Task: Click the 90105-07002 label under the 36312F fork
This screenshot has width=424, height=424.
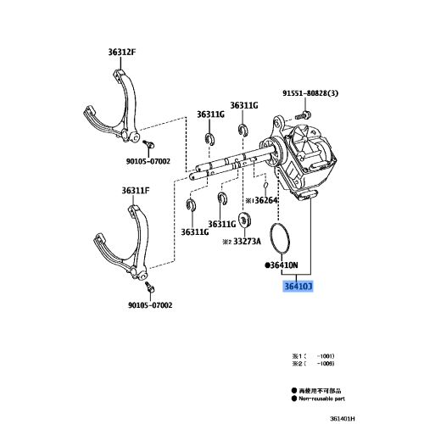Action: tap(149, 159)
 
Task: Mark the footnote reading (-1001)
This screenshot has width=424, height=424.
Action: tap(316, 354)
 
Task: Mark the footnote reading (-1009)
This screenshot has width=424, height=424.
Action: tap(316, 362)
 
